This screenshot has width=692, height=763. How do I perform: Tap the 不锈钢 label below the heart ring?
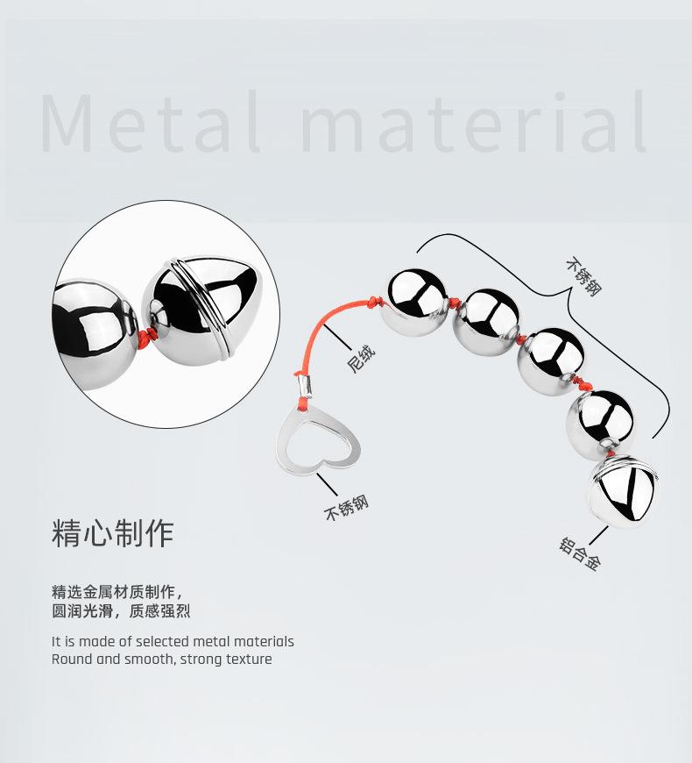point(347,508)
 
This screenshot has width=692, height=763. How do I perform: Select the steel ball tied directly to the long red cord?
point(418,302)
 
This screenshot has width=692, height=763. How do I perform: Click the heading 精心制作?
point(113,533)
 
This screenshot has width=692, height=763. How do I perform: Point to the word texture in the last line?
point(249,660)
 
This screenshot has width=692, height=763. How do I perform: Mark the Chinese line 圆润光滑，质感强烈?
point(121,611)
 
